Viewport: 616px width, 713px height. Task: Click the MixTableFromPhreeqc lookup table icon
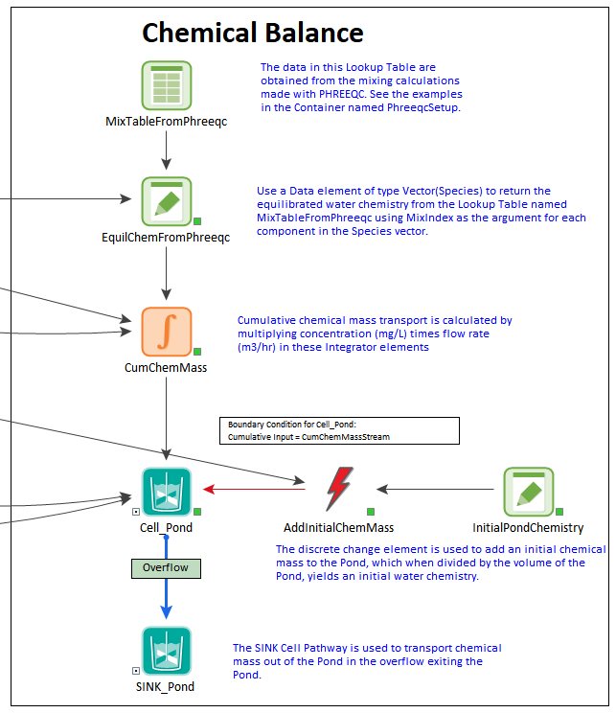click(167, 85)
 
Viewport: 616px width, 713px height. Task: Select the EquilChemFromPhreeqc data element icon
click(167, 201)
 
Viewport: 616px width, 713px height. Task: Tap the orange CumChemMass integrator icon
click(167, 332)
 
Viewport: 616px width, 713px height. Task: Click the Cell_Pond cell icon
click(167, 492)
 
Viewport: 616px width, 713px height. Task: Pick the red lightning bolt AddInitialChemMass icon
click(339, 489)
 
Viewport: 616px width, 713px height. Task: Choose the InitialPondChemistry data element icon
click(529, 492)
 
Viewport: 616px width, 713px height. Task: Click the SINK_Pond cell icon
click(167, 651)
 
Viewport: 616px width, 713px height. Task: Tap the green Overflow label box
click(166, 568)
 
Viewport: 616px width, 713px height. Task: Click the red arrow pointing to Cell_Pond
click(254, 490)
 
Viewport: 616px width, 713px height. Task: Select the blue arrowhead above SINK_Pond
click(167, 612)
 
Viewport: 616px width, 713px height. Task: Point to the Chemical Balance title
click(253, 33)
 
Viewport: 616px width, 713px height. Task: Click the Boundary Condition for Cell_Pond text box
click(339, 430)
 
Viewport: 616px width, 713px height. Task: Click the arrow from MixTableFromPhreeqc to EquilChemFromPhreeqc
click(167, 150)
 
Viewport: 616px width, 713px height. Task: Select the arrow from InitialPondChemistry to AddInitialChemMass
click(436, 490)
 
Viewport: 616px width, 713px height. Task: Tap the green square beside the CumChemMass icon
click(197, 352)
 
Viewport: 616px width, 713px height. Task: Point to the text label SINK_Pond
click(165, 686)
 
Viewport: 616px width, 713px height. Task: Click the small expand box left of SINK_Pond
click(136, 671)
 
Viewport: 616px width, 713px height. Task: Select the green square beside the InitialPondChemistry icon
click(559, 512)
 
